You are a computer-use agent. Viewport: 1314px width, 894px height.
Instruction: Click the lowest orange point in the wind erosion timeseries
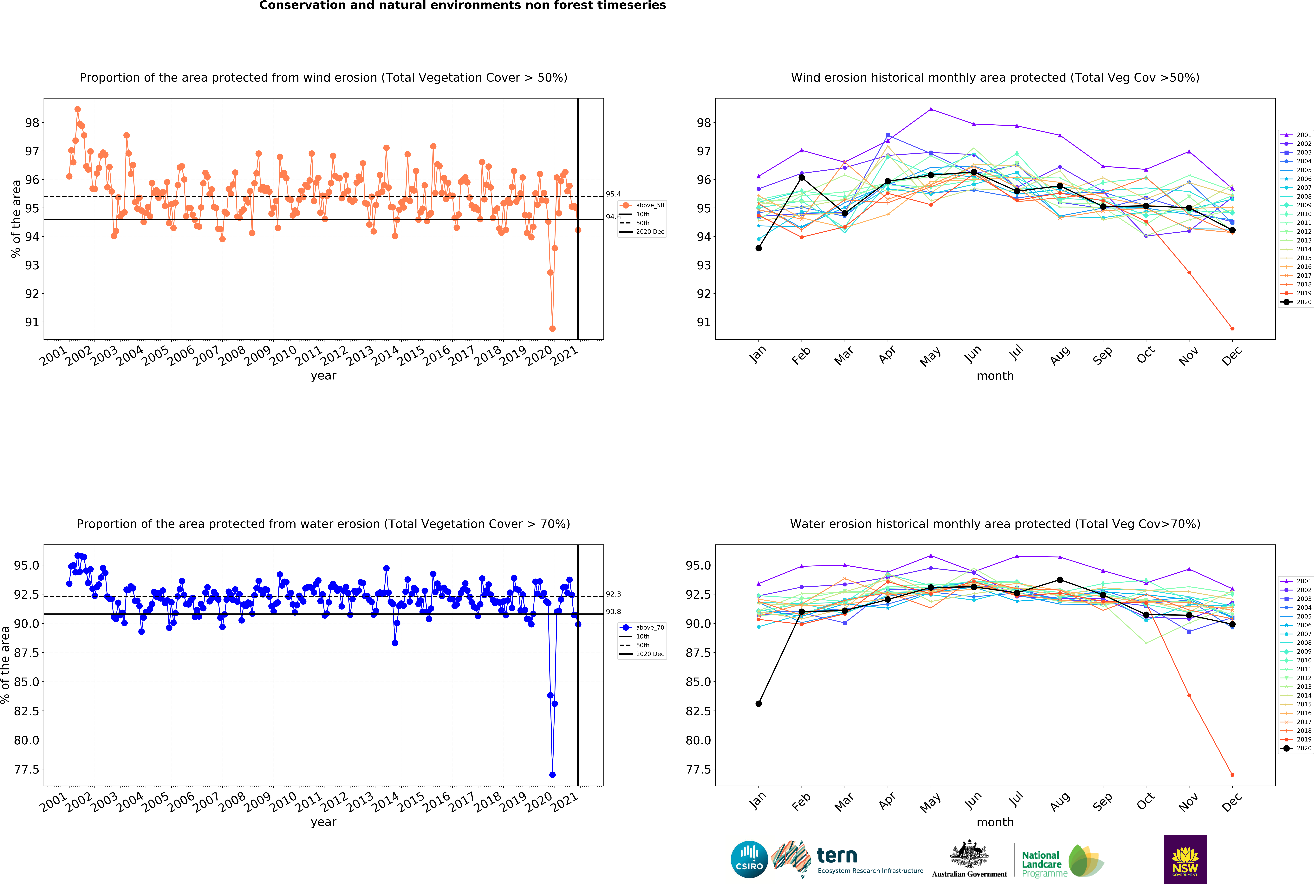coord(552,329)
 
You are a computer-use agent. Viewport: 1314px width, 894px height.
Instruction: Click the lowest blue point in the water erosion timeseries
coord(552,775)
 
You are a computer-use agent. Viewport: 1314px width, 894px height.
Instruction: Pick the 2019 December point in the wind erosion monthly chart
coord(1232,329)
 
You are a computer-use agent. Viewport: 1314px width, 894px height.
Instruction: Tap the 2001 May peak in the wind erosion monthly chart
coord(931,109)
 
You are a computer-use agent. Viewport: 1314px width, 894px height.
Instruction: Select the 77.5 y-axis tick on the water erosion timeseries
coord(27,769)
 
